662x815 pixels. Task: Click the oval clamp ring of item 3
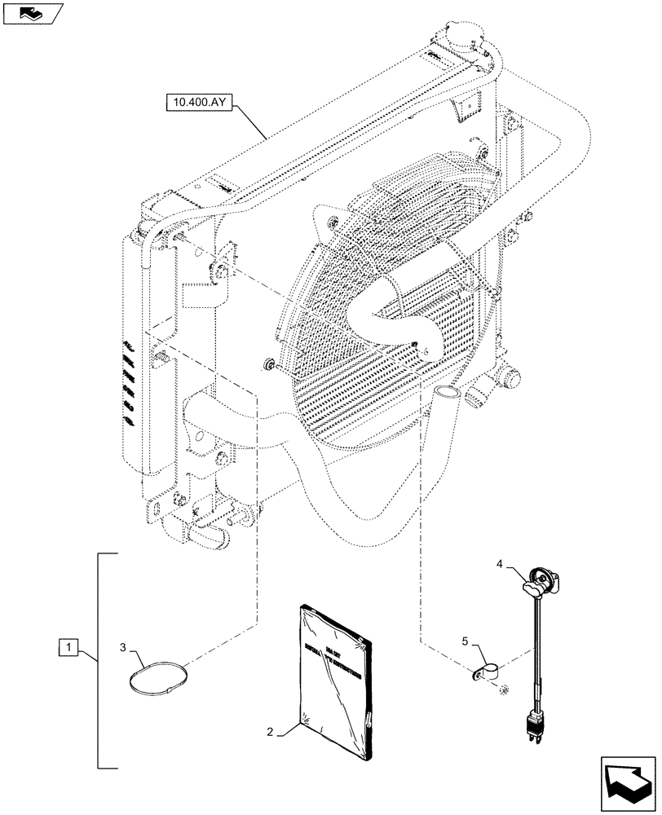click(161, 680)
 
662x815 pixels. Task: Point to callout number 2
click(268, 732)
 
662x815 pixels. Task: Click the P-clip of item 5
click(484, 670)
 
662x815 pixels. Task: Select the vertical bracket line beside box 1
click(99, 660)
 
